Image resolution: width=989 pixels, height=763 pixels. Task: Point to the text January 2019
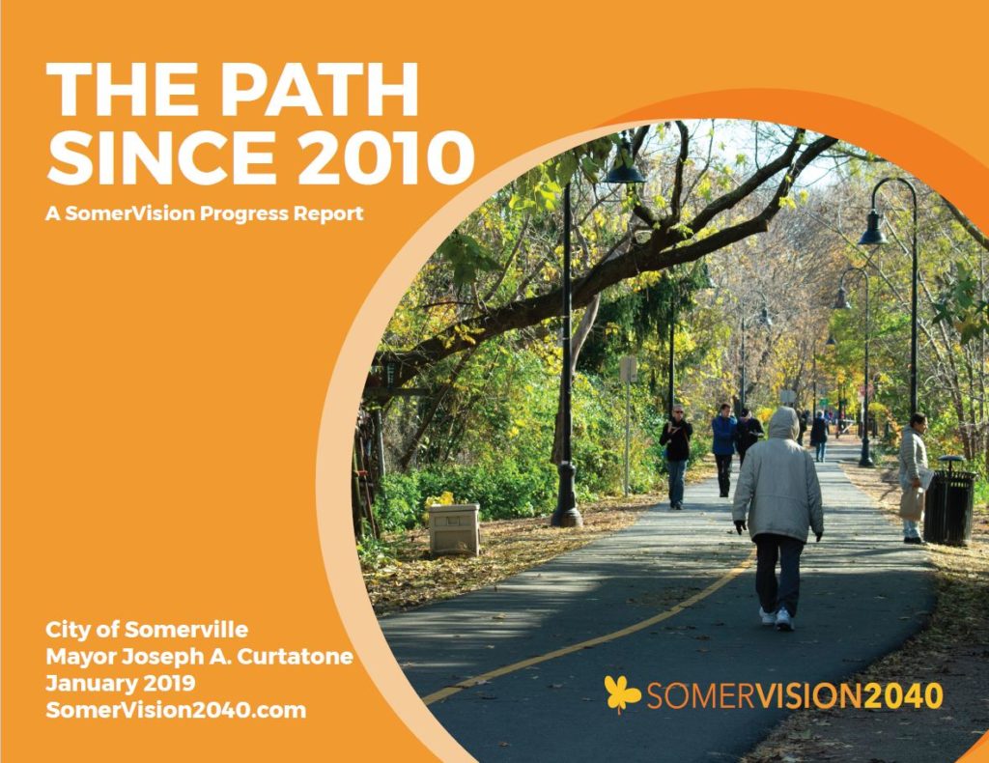point(121,683)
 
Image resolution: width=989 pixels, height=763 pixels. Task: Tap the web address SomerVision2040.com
point(176,710)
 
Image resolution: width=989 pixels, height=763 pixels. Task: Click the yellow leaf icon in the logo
point(622,693)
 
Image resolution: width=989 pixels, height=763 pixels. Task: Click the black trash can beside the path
point(949,500)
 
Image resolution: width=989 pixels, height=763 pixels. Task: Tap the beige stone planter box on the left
point(454,529)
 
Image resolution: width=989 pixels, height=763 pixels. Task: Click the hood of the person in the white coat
point(783,423)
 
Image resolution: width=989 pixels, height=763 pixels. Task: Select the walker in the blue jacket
point(723,449)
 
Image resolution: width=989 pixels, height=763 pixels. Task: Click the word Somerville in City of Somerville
point(186,630)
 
